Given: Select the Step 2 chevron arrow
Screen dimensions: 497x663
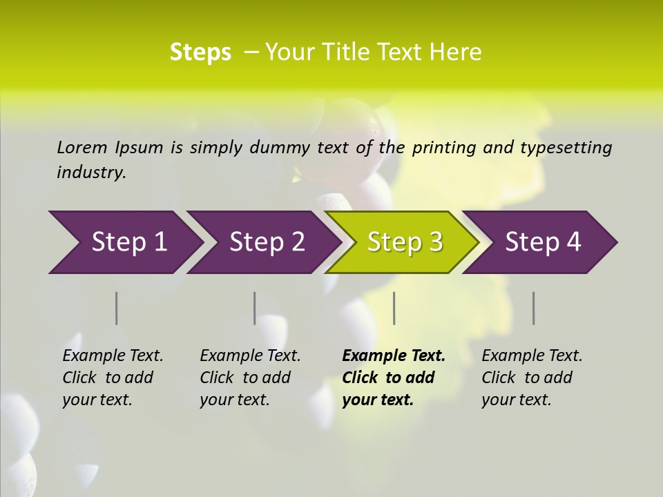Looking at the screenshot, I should point(263,242).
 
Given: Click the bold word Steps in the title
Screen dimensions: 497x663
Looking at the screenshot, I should point(200,52).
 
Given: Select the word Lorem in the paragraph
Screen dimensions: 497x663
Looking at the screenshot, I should point(82,148).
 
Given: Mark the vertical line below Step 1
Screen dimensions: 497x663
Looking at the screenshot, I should point(117,308).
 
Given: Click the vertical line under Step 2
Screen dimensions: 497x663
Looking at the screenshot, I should point(255,308).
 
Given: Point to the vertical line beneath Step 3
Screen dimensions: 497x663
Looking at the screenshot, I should point(394,308).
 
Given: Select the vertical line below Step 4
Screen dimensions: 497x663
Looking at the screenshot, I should point(534,308).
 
